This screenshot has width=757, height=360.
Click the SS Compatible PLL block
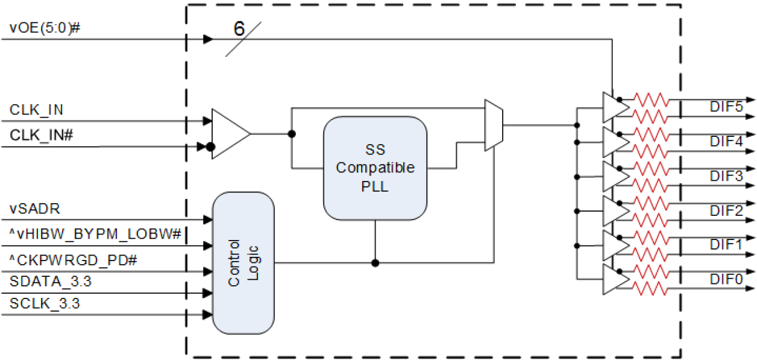coord(375,168)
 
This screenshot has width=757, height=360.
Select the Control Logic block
coord(243,263)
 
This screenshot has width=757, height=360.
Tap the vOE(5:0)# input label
coord(45,28)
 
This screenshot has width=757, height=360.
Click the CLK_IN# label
coord(42,136)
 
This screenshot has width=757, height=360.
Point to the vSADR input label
coord(35,209)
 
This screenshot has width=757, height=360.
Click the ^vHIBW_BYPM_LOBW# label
coord(96,234)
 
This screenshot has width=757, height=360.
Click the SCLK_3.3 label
coord(45,304)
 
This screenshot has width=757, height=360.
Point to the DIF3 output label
coord(726,176)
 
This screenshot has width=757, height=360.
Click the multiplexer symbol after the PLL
coord(494,125)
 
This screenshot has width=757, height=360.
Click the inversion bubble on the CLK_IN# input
coord(210,147)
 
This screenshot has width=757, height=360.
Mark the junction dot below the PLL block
coord(375,263)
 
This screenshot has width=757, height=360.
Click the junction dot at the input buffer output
coord(291,134)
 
